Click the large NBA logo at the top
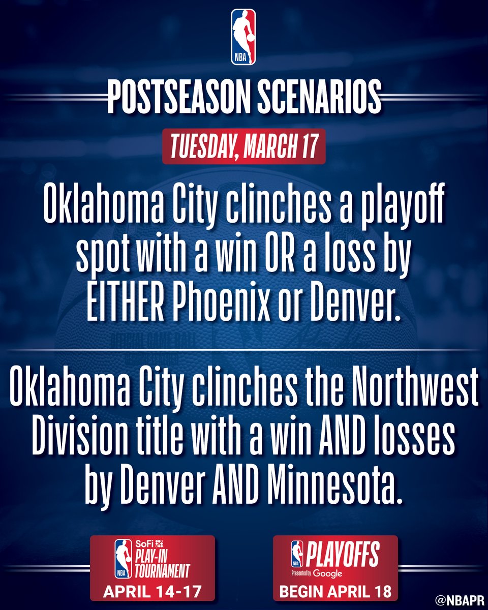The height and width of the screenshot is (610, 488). [x=243, y=37]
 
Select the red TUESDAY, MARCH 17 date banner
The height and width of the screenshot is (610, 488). [x=243, y=146]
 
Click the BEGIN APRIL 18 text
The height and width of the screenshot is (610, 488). [x=335, y=592]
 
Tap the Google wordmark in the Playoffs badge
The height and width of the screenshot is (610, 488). [x=327, y=574]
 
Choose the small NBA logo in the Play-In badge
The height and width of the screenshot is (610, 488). [x=123, y=559]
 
